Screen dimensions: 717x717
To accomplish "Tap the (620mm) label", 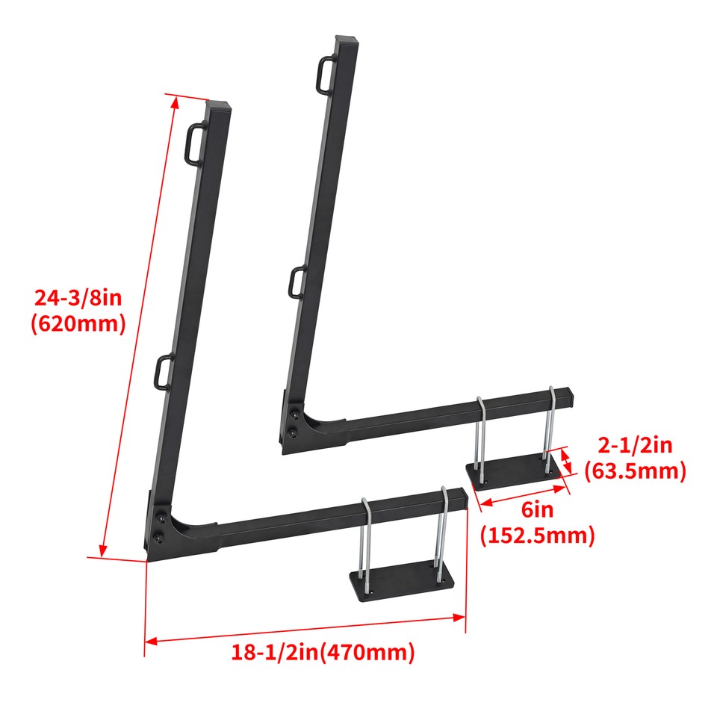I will pyautogui.click(x=78, y=325).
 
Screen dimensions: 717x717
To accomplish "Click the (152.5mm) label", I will pyautogui.click(x=537, y=536).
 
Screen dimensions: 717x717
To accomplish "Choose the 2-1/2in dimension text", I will pyautogui.click(x=634, y=446).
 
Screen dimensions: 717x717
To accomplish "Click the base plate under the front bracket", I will pyautogui.click(x=401, y=581).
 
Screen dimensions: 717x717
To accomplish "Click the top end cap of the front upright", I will pyautogui.click(x=218, y=106).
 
